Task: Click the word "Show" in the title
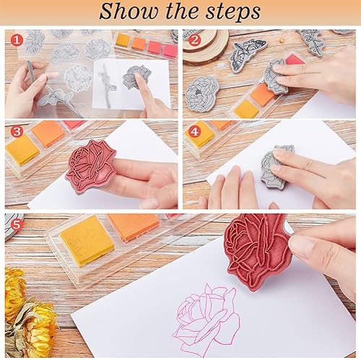coord(129,12)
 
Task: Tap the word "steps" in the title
coord(233,12)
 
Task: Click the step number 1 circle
coord(17,40)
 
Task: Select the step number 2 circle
coord(194,40)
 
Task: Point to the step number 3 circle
coord(17,131)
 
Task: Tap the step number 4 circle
coord(194,131)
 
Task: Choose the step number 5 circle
coord(17,225)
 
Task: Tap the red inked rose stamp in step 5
coord(258,250)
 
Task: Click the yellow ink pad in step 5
coord(87,240)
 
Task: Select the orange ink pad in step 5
coord(134,226)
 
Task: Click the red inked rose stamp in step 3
coord(90,166)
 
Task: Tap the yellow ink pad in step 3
coord(22,150)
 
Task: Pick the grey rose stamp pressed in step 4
coord(277,167)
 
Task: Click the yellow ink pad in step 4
coord(200,135)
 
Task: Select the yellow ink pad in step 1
coord(123,40)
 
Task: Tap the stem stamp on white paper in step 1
coord(107,85)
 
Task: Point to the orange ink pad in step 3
coord(48,133)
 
